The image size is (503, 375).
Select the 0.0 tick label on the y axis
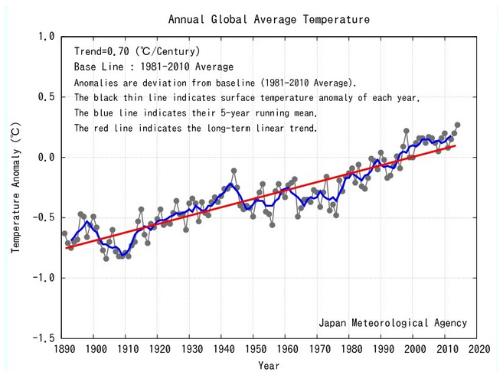[45, 158]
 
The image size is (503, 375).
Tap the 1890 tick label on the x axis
[64, 350]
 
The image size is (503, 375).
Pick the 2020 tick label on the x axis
[480, 350]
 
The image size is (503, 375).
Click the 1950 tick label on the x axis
[256, 350]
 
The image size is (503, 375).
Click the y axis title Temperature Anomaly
[15, 187]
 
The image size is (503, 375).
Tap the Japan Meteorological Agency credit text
[393, 323]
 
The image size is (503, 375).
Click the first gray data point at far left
[64, 233]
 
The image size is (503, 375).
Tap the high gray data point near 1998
[406, 132]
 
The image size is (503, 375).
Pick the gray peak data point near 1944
[234, 171]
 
